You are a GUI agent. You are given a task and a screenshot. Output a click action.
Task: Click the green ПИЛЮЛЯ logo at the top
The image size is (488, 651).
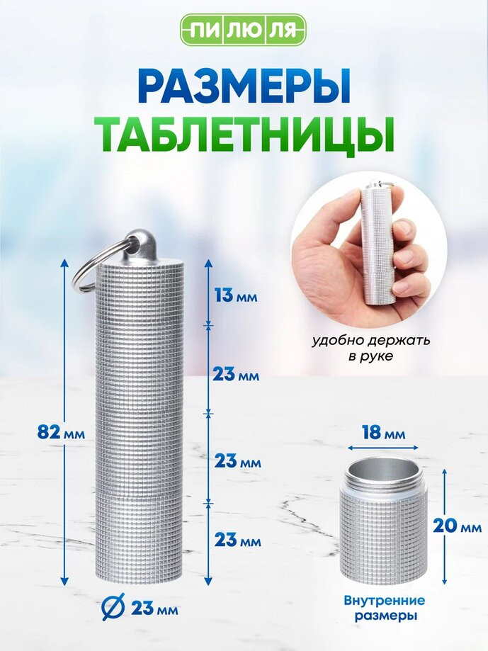coord(244,30)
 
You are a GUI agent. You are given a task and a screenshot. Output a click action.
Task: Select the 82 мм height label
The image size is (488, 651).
coord(61,434)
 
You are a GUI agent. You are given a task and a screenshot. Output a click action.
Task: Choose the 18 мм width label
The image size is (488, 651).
coord(383,433)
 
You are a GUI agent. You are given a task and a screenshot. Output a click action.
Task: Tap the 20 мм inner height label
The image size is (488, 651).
coord(457,526)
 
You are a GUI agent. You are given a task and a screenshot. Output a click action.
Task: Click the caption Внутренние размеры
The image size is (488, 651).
coord(385,607)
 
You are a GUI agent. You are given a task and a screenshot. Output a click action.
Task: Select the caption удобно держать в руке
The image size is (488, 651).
coord(371,348)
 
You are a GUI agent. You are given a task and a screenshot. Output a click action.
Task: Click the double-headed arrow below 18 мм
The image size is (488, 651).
coord(383,448)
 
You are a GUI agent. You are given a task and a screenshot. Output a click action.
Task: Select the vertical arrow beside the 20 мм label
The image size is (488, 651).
coord(444,526)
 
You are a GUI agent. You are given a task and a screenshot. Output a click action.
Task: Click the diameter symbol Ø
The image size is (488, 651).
coord(113,608)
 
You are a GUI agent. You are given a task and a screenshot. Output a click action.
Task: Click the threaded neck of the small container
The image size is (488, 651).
coord(382,484)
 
